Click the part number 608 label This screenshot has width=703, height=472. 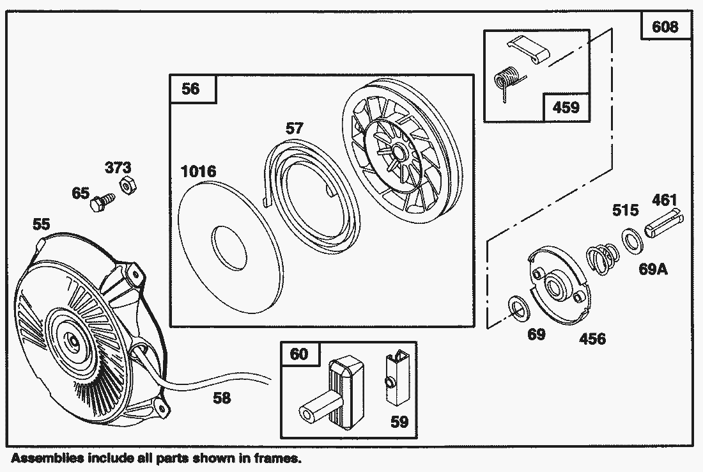click(x=665, y=28)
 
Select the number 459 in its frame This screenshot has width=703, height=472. click(x=566, y=107)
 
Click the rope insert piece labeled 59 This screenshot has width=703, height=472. click(x=393, y=380)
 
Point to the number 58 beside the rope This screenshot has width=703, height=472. click(x=222, y=398)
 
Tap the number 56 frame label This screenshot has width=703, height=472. click(x=191, y=88)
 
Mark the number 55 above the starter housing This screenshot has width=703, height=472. click(x=42, y=224)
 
